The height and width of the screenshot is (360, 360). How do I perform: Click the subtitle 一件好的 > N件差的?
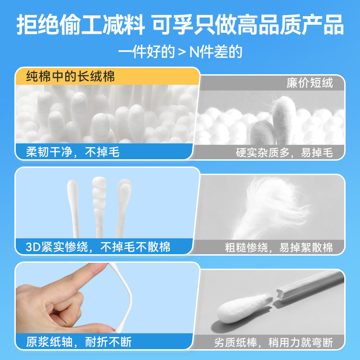coord(180,51)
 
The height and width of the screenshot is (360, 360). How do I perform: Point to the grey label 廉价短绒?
coord(310,83)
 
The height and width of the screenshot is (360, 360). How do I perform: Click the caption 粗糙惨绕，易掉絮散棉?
coord(279,247)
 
